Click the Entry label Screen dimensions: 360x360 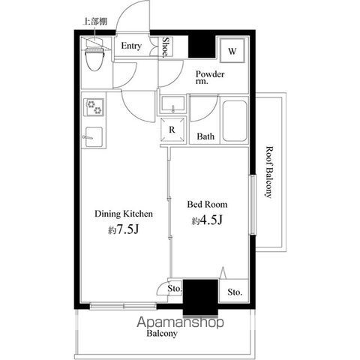click(x=132, y=46)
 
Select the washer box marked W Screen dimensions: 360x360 click(x=232, y=51)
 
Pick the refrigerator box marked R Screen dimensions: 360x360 click(x=172, y=130)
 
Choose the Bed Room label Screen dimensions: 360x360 click(x=206, y=204)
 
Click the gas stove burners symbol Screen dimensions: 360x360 click(x=94, y=107)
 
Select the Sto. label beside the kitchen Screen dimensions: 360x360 click(x=173, y=287)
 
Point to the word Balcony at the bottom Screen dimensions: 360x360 click(x=161, y=333)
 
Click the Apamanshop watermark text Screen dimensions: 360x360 click(x=181, y=323)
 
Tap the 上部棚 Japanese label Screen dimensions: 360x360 click(x=94, y=21)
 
